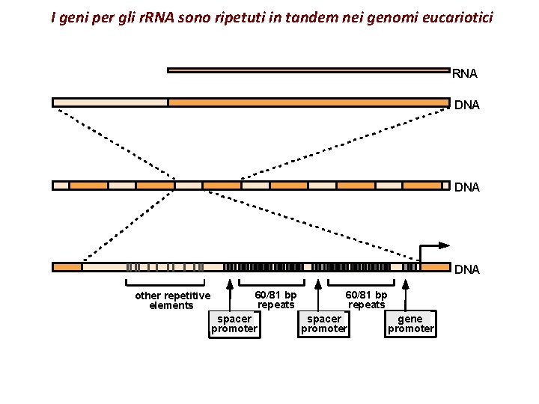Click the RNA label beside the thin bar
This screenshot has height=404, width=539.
point(465,74)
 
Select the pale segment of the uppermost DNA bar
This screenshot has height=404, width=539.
point(110,102)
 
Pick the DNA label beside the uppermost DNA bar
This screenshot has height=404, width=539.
point(466,105)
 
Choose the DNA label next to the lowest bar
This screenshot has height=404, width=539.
point(466,269)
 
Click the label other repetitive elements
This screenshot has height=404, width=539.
point(172,300)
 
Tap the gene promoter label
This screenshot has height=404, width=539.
point(410,324)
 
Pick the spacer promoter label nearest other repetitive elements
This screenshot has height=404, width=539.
point(234,324)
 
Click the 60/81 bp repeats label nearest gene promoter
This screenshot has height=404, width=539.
point(366,299)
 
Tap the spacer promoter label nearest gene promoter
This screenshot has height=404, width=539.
point(324,324)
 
